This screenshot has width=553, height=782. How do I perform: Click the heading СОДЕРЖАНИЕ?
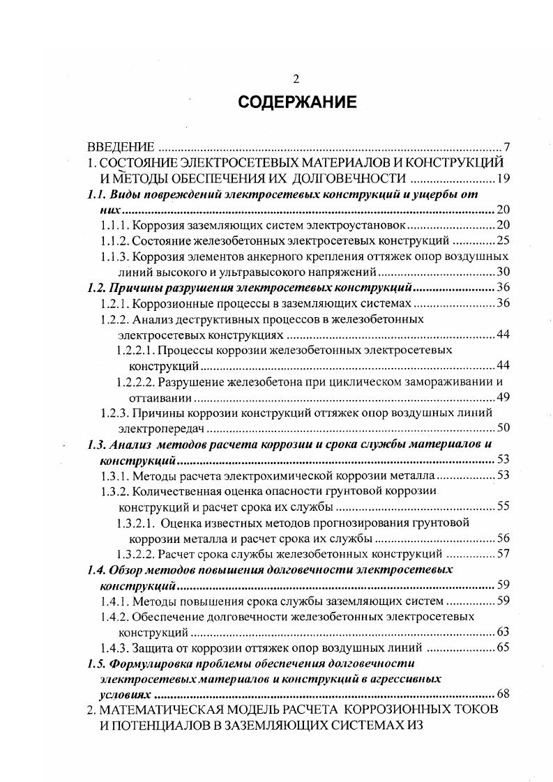pyautogui.click(x=297, y=102)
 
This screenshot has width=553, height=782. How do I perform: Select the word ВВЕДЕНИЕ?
pyautogui.click(x=119, y=148)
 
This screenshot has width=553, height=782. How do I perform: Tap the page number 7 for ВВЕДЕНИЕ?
pyautogui.click(x=508, y=148)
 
